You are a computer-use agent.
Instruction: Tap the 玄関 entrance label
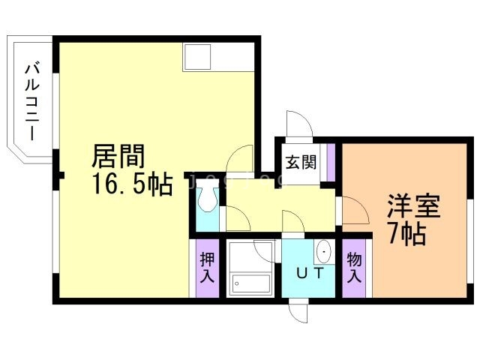click(299, 162)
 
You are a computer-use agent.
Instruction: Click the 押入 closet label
click(207, 268)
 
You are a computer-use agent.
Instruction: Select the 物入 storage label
click(354, 268)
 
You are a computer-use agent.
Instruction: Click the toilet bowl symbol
click(207, 200)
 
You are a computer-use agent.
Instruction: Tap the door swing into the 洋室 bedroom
click(354, 211)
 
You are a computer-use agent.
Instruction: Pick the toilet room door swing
click(237, 217)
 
